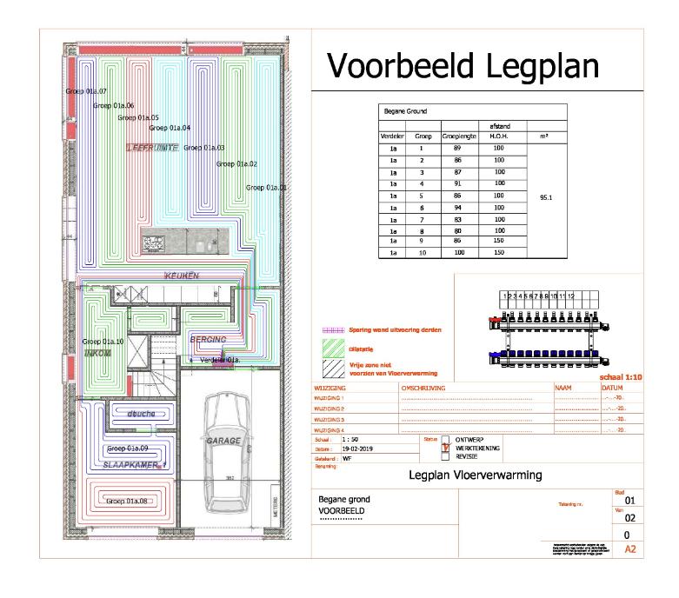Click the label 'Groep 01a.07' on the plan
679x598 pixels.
[x=85, y=91]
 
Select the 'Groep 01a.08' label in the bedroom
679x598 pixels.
[x=127, y=501]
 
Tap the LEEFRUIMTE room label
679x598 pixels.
[x=153, y=148]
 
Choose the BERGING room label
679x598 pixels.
[x=208, y=339]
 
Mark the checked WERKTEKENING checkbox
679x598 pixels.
[x=446, y=448]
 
